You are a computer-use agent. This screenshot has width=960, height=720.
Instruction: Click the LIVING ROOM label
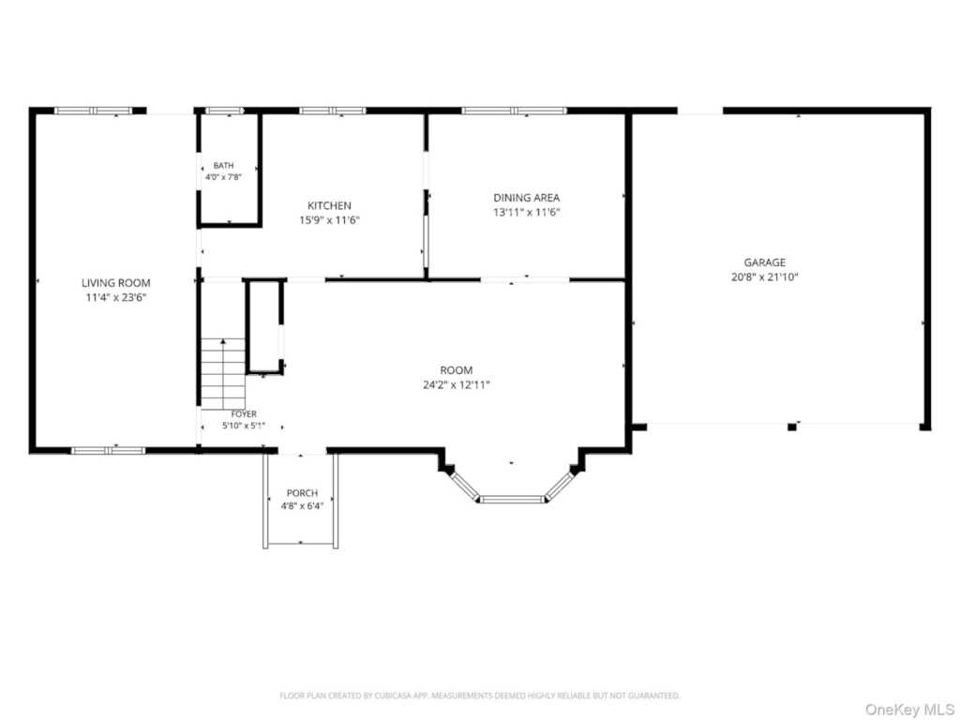pyautogui.click(x=115, y=283)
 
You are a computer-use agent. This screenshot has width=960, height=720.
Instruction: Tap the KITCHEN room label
pyautogui.click(x=329, y=205)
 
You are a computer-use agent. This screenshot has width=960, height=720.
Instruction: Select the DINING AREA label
pyautogui.click(x=527, y=198)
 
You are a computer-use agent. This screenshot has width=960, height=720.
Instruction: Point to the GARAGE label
pyautogui.click(x=765, y=262)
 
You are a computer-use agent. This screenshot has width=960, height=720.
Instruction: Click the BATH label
pyautogui.click(x=223, y=165)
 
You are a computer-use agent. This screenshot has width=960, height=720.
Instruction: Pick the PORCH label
pyautogui.click(x=303, y=493)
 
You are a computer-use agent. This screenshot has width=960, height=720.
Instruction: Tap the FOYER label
pyautogui.click(x=244, y=414)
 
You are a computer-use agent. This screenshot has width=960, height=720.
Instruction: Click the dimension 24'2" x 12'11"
pyautogui.click(x=457, y=385)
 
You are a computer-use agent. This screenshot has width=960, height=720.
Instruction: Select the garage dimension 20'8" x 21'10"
pyautogui.click(x=765, y=277)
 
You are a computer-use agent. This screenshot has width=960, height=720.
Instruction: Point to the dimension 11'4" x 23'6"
pyautogui.click(x=115, y=298)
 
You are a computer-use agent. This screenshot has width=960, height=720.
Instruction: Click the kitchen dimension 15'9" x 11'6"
pyautogui.click(x=329, y=220)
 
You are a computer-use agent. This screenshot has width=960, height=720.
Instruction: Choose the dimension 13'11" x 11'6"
pyautogui.click(x=527, y=213)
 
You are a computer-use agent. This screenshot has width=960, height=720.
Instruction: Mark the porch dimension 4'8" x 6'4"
pyautogui.click(x=303, y=506)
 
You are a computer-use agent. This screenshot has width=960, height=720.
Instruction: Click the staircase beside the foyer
pyautogui.click(x=223, y=373)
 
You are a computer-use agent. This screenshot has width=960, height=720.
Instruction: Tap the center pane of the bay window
pyautogui.click(x=512, y=499)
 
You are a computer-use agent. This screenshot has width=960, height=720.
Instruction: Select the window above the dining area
pyautogui.click(x=515, y=111)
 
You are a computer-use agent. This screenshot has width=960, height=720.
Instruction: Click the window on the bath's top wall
pyautogui.click(x=224, y=111)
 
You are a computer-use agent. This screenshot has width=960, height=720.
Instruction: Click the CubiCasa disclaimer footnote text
pyautogui.click(x=479, y=696)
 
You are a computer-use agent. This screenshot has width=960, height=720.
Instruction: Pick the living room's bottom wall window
pyautogui.click(x=109, y=451)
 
